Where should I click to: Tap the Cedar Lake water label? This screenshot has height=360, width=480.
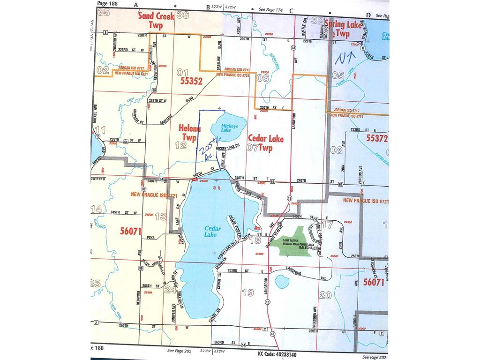tap(210, 231)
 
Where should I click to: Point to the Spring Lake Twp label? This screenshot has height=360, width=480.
tap(343, 29)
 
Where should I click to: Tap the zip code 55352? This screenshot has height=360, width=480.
tap(190, 81)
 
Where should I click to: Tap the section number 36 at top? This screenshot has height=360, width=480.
tap(183, 15)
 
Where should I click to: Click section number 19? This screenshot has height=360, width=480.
tap(248, 292)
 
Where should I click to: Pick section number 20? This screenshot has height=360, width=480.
tap(325, 295)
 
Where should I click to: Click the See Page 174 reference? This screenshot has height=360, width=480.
tap(273, 9)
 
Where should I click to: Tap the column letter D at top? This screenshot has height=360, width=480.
tap(368, 15)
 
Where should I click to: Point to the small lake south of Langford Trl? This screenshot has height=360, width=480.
tap(281, 282)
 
